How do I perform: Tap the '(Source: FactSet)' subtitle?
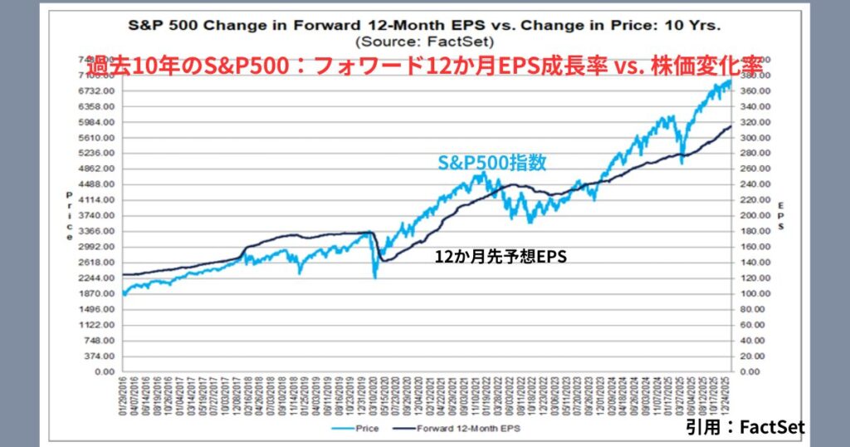coord(424,40)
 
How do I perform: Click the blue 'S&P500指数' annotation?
coord(491,163)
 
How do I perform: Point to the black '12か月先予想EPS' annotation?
coord(501,258)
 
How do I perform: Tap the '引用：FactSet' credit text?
coord(745,426)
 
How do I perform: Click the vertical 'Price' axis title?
coord(70,216)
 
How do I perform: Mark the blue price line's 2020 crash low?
coord(376,277)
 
